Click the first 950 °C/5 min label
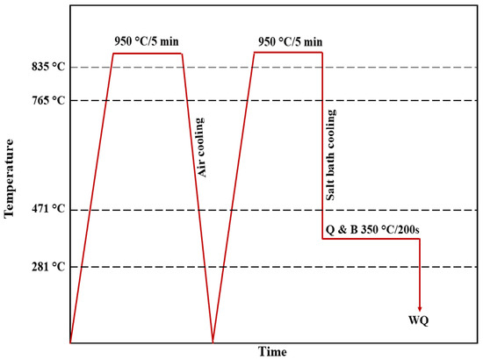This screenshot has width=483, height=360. pos(148,41)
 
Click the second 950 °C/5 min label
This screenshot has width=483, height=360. pos(289,41)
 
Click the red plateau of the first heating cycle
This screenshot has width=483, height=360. pos(148,54)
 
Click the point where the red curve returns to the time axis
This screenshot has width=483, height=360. pos(213,342)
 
